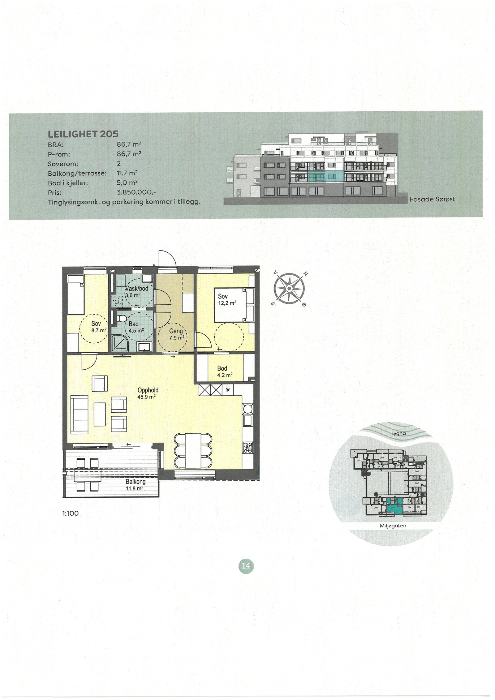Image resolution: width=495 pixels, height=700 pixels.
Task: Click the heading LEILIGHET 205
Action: (x=83, y=134)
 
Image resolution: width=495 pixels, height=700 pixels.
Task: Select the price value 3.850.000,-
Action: (x=136, y=192)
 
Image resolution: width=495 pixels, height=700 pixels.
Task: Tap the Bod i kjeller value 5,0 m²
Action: (x=127, y=183)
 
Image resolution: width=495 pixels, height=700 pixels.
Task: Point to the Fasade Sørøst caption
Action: (x=432, y=199)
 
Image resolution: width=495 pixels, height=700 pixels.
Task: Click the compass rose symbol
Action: (x=288, y=288)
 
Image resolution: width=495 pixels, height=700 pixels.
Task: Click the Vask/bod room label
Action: (x=136, y=289)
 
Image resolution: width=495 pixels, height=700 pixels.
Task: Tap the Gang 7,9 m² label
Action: (x=177, y=334)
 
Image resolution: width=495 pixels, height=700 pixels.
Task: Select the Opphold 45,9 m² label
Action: (x=148, y=393)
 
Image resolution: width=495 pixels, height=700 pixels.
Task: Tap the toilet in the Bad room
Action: (x=123, y=318)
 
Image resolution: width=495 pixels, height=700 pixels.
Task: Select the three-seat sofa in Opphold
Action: (x=80, y=415)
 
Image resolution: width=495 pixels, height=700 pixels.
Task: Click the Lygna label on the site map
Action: (x=399, y=433)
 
